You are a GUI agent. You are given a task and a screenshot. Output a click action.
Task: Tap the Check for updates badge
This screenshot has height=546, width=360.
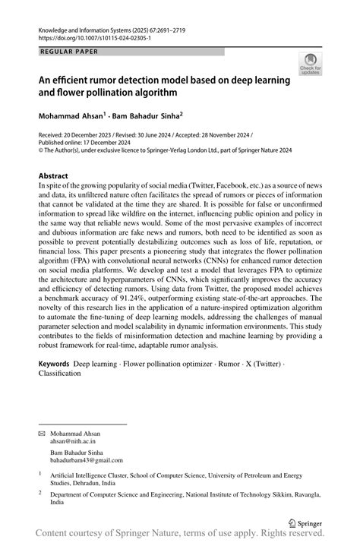click(310, 65)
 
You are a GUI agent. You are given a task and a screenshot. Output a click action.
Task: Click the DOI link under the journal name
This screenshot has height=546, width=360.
click(94, 37)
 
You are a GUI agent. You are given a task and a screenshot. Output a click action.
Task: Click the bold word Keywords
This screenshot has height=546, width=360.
click(58, 365)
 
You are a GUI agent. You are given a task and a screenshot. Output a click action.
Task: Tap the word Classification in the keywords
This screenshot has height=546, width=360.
click(64, 374)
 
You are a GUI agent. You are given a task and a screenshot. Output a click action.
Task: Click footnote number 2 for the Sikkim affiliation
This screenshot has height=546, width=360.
click(41, 491)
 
